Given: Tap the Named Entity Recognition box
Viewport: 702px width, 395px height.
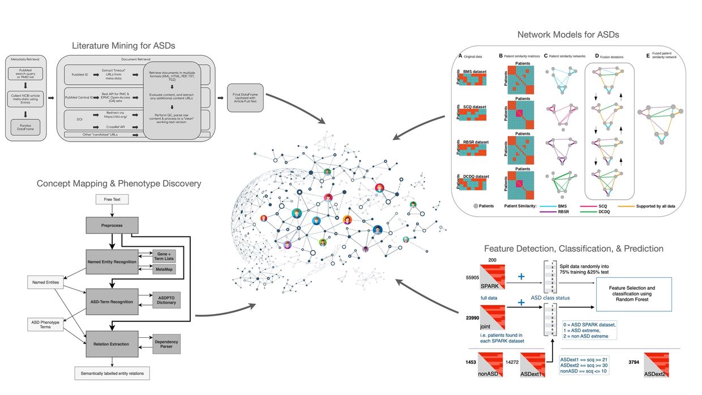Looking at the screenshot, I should pos(112,262).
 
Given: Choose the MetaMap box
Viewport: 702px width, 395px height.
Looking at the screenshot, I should pos(164,269).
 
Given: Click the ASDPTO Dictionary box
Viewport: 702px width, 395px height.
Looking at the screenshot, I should pos(166,300).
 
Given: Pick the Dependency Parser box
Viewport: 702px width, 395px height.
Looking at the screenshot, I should pos(166,344).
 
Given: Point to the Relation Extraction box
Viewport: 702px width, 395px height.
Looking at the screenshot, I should pos(112,344).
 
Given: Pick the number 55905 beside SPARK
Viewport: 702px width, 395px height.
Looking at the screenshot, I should pos(472,278).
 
